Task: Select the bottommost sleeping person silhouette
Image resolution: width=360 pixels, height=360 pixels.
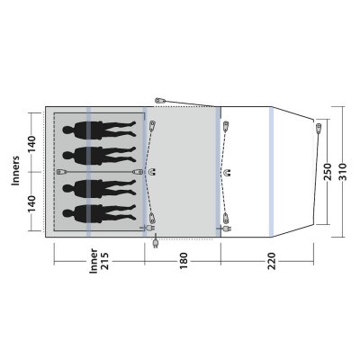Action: coord(98,214)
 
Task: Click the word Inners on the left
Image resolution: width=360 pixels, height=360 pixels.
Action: coord(14,171)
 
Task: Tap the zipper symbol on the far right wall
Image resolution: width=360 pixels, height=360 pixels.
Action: coord(318,129)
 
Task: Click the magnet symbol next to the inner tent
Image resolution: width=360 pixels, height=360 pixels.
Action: coord(151,170)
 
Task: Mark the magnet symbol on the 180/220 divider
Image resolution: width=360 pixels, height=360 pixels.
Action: coord(228,170)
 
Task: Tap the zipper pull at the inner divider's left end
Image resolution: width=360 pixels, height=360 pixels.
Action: coord(61,171)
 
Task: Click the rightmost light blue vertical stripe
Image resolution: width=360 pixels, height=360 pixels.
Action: coord(271,171)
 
